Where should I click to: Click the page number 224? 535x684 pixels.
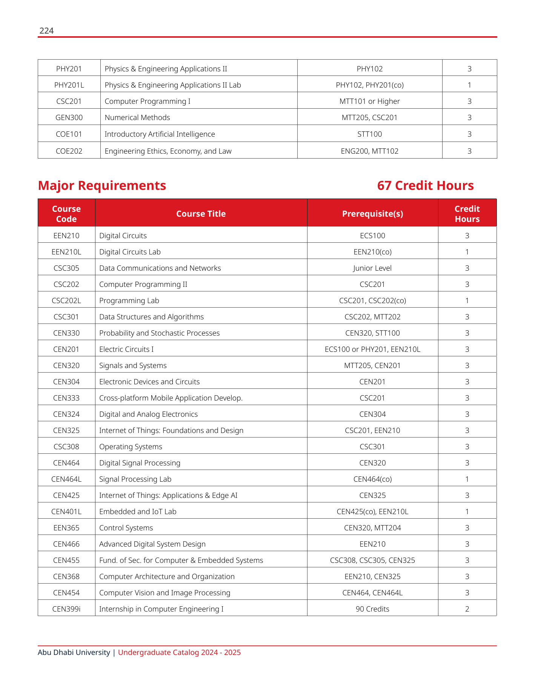pos(46,31)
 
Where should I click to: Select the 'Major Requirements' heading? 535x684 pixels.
pos(102,186)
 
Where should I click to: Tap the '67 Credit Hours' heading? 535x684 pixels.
pos(425,186)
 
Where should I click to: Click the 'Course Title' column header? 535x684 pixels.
pos(201,214)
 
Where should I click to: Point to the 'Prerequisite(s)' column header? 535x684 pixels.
pos(372,214)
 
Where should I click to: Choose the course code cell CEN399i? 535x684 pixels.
pos(66,609)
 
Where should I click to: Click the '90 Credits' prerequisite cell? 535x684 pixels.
pos(372,609)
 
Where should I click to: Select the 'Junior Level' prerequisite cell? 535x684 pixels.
pos(372,268)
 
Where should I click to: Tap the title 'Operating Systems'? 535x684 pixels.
pos(131,447)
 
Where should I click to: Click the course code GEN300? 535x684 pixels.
pos(69,117)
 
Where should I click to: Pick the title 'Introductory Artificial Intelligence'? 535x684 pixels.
pos(160,134)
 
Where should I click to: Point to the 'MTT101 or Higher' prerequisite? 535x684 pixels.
pos(369,101)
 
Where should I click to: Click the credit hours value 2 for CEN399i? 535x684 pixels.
pos(467,609)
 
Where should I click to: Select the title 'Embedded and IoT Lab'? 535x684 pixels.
pos(138,511)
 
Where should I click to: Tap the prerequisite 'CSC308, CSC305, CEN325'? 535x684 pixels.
pos(372,560)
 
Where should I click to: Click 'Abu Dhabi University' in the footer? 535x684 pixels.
pos(74,652)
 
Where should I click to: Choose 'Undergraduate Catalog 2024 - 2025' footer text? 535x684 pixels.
pos(179,652)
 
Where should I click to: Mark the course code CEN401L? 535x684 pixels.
pos(66,511)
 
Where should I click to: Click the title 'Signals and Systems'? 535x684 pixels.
pos(133,365)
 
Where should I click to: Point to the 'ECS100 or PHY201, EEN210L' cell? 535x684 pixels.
pos(372,349)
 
